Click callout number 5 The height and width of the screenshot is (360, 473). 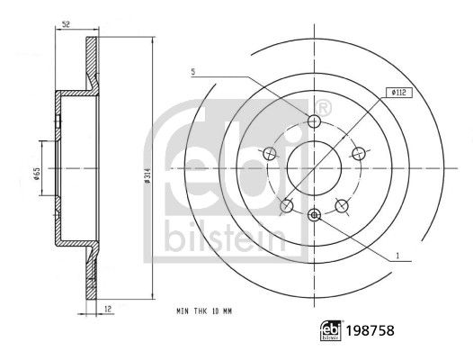(x=192, y=71)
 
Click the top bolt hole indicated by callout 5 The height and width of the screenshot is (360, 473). (x=314, y=122)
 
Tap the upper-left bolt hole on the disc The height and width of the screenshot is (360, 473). (x=271, y=153)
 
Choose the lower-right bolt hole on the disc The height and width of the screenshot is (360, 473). (x=341, y=205)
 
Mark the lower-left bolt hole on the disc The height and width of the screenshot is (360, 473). (x=287, y=205)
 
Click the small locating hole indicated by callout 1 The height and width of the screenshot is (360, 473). (x=314, y=214)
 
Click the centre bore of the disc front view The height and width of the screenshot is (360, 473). (x=314, y=167)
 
